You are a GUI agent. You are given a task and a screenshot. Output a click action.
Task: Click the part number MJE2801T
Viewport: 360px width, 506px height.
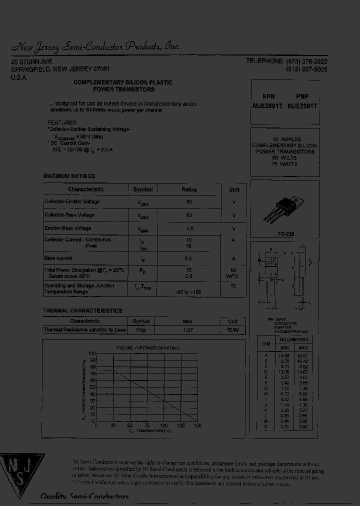pos(268,106)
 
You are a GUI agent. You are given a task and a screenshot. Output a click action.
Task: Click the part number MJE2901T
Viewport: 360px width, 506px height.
pos(302,106)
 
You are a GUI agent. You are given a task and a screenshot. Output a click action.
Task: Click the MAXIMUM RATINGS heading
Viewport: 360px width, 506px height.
pos(69,176)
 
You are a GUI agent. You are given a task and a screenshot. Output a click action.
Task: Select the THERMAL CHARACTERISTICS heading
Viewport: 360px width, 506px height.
pos(82,310)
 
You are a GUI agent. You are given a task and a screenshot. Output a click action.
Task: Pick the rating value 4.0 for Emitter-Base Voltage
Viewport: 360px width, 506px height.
pos(189,228)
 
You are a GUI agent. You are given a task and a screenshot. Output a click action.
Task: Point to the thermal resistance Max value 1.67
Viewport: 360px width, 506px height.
pos(187,330)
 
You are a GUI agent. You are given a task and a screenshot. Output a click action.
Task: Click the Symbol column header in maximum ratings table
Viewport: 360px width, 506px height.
pos(142,189)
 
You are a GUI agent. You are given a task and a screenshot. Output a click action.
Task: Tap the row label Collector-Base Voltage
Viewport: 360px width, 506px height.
pos(69,214)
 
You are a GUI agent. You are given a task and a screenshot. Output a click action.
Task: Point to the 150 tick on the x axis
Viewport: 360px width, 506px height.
pos(197,425)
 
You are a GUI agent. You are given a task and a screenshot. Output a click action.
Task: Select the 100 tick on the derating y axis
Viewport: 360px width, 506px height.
pos(91,353)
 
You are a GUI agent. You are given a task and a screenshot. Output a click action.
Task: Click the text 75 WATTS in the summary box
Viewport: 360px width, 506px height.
pos(284,164)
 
